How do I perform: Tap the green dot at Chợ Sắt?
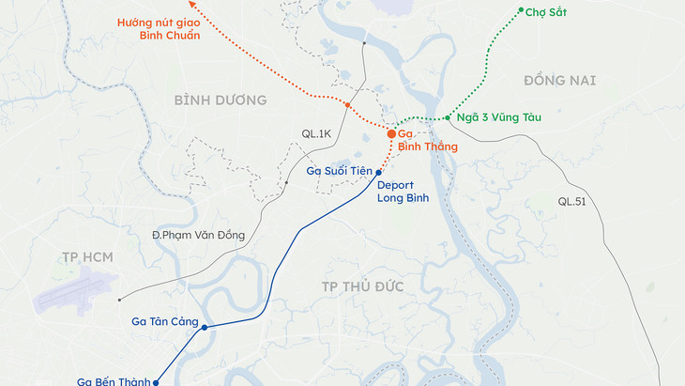coord(522,10)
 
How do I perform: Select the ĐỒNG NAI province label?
coord(560,81)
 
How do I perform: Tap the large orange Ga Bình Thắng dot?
coord(391,135)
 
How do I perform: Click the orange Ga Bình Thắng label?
coord(427,140)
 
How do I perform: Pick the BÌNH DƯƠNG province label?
coord(221,100)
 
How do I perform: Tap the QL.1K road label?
coord(315,133)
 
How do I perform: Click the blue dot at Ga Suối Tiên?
coord(378,173)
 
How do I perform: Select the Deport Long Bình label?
coord(403,192)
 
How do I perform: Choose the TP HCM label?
coord(82,256)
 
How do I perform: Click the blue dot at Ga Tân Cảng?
coord(205,327)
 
